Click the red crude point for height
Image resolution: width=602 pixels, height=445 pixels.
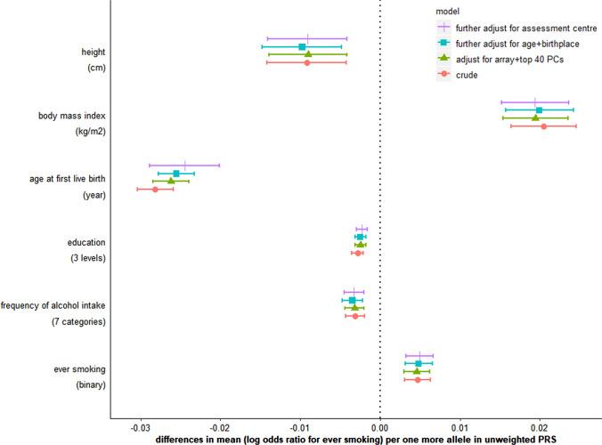tap(307, 62)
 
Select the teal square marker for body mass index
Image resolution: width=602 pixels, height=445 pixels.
tap(539, 109)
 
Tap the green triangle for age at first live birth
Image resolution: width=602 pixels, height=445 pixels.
tap(171, 181)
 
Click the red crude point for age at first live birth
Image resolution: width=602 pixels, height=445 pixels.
tap(155, 190)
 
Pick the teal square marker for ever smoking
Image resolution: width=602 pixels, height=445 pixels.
tap(418, 363)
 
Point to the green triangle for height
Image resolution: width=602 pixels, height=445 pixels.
tap(308, 54)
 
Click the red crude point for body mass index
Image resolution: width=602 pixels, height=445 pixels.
tap(543, 126)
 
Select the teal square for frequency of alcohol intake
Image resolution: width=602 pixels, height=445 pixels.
tap(352, 300)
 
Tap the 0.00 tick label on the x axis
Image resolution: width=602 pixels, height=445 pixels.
tap(380, 426)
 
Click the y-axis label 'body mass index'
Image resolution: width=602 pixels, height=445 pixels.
tap(72, 116)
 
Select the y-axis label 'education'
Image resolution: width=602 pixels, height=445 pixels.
tap(86, 242)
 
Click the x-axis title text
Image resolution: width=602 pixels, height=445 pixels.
tap(355, 439)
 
